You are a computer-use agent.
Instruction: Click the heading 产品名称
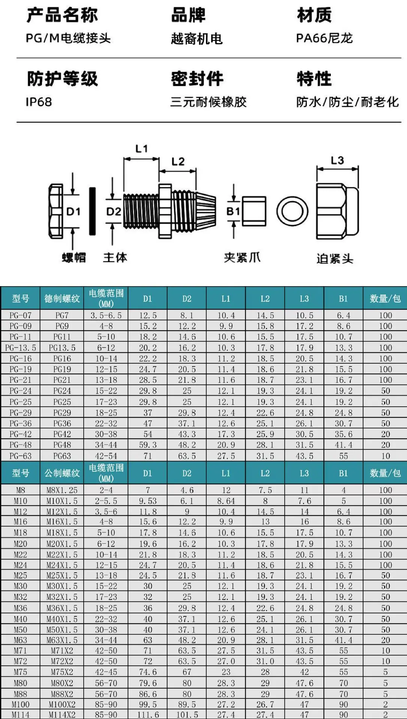(x=62, y=15)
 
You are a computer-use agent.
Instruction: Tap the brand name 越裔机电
(x=197, y=39)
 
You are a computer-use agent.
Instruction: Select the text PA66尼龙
(x=324, y=38)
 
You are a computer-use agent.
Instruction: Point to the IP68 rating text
(x=39, y=102)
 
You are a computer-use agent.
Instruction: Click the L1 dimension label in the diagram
(x=141, y=149)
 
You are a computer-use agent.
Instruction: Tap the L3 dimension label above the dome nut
(x=337, y=161)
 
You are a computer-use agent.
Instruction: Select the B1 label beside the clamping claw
(x=233, y=212)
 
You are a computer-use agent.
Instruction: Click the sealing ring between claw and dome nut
(x=292, y=211)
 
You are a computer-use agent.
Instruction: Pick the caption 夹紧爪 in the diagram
(x=242, y=258)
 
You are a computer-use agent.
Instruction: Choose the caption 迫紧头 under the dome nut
(x=335, y=259)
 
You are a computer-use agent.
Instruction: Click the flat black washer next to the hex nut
(x=92, y=211)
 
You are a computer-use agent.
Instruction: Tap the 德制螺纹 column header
(x=62, y=298)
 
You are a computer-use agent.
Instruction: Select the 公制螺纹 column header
(x=62, y=473)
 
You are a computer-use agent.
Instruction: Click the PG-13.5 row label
(x=21, y=348)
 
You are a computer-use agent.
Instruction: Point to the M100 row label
(x=21, y=704)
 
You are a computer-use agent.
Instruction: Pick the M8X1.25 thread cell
(x=62, y=490)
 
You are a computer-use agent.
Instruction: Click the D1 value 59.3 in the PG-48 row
(x=148, y=445)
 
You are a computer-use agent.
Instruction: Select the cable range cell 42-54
(x=106, y=456)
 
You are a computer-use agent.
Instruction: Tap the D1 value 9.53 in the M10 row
(x=148, y=501)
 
